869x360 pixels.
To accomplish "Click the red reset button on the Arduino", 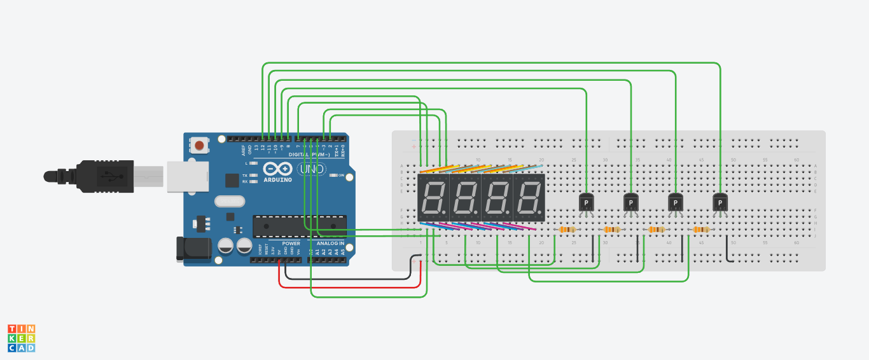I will tap(199, 146).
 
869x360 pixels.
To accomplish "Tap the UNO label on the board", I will tap(312, 169).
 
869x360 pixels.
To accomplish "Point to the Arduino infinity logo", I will tap(276, 169).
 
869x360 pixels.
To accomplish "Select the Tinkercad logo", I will tap(21, 338).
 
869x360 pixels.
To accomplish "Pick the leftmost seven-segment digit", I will tap(433, 198).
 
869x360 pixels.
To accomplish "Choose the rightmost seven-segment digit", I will tap(529, 198).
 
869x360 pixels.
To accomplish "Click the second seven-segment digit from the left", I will tap(465, 198).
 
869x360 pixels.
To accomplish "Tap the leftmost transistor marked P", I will tap(586, 202).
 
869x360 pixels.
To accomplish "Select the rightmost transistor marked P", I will tap(720, 202).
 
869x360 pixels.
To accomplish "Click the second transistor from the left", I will tap(630, 202).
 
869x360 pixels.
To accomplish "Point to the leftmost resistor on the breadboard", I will tap(567, 230).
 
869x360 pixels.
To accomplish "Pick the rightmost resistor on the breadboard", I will tap(700, 230).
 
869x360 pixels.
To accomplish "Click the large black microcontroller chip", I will tap(300, 226).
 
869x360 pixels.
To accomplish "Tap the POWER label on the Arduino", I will tap(291, 244).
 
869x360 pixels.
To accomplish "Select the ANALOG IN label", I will tap(330, 244).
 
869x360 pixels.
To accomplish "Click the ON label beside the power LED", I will tap(341, 175).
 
